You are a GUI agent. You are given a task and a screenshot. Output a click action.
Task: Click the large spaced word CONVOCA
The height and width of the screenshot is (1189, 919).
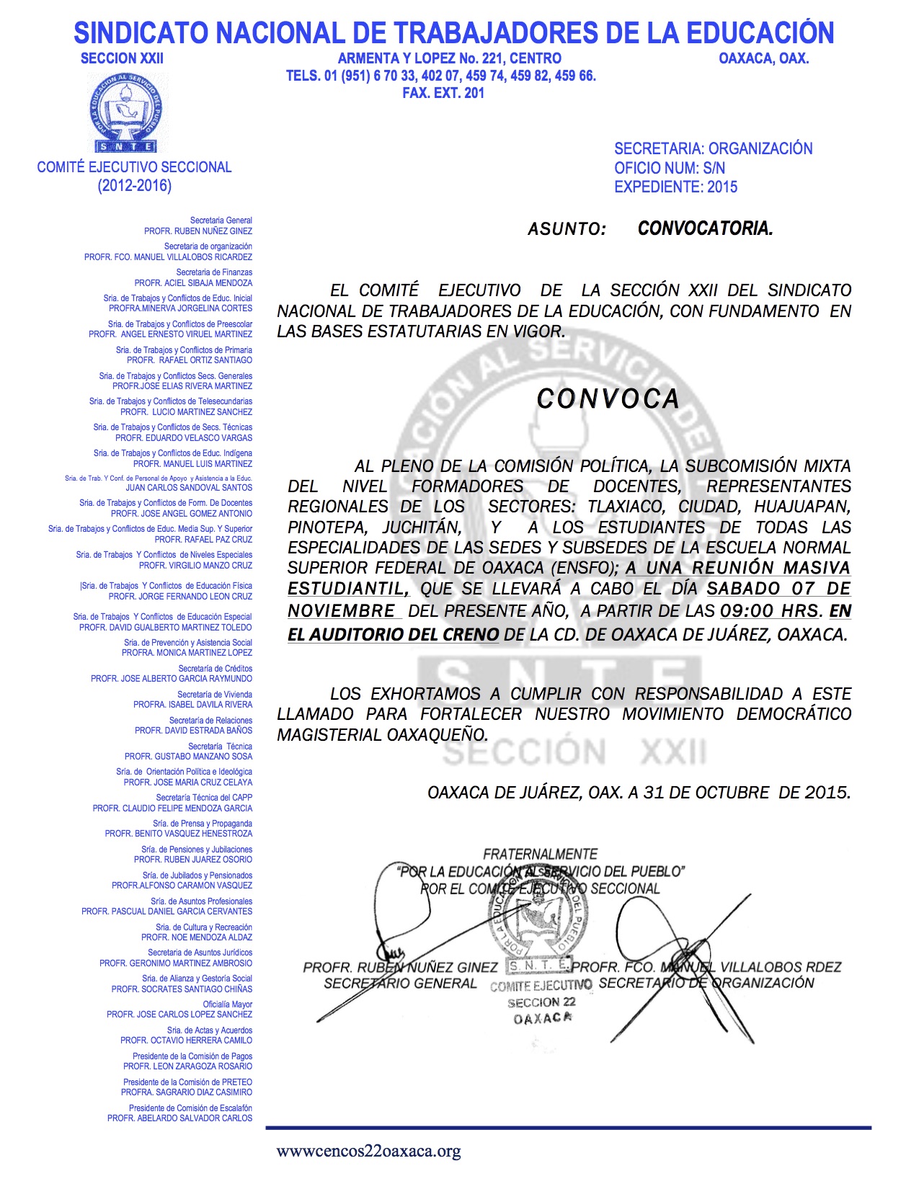[x=608, y=398]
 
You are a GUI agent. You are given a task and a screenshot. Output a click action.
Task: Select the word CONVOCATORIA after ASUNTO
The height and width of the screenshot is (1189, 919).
[x=705, y=229]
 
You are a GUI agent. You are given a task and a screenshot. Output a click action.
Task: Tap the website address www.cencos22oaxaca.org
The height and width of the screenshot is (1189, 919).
[x=368, y=1151]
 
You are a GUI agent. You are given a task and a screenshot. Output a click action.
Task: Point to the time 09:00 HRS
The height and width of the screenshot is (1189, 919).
[x=770, y=611]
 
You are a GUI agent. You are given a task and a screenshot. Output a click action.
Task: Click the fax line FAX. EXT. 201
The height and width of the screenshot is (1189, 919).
[x=443, y=93]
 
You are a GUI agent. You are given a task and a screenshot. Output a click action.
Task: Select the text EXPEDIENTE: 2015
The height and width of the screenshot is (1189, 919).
[x=675, y=187]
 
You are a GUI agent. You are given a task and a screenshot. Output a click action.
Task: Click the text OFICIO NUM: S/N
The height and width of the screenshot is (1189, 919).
[x=669, y=168]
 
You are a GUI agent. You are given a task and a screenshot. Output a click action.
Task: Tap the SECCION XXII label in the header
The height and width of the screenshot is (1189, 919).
[x=122, y=58]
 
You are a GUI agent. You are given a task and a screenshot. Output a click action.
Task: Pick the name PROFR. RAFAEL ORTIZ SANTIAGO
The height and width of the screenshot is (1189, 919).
[x=190, y=360]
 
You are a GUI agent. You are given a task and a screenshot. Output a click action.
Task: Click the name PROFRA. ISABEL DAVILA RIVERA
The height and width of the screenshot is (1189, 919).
[x=192, y=705]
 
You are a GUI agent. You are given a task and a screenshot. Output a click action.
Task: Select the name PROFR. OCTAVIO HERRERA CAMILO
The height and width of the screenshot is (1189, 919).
[x=186, y=1041]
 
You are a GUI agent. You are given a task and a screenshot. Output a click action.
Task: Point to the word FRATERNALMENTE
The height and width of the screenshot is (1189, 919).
[x=540, y=854]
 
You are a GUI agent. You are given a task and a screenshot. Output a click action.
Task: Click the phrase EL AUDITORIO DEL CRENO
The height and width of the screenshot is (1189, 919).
[x=393, y=635]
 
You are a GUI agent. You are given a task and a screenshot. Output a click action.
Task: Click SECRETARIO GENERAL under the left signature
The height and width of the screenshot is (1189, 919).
[x=400, y=984]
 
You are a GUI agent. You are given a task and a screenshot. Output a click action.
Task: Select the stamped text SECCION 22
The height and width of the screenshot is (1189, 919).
[x=541, y=1002]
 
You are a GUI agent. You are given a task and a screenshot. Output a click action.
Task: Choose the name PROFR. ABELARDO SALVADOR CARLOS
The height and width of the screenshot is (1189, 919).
[x=179, y=1118]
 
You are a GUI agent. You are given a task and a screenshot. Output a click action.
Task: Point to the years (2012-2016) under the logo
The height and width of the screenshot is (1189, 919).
[x=135, y=186]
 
